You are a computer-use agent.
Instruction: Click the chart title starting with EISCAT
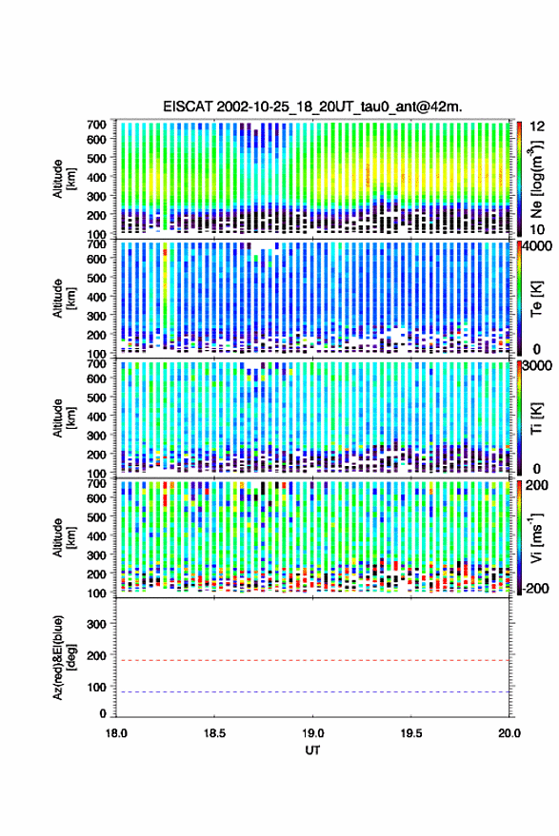pyautogui.click(x=313, y=107)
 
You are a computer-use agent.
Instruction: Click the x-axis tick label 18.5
pyautogui.click(x=214, y=733)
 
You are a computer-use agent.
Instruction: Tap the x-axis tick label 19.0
pyautogui.click(x=312, y=733)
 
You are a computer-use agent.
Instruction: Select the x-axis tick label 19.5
pyautogui.click(x=410, y=733)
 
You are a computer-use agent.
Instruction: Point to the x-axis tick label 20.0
pyautogui.click(x=509, y=733)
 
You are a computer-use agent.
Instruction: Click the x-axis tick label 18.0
pyautogui.click(x=116, y=733)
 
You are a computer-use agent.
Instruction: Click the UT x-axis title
pyautogui.click(x=312, y=750)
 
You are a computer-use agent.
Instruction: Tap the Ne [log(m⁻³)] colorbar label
pyautogui.click(x=536, y=179)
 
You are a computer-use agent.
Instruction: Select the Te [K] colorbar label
pyautogui.click(x=536, y=299)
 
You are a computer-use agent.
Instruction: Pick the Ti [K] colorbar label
pyautogui.click(x=536, y=418)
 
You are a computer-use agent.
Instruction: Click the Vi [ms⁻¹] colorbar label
pyautogui.click(x=536, y=537)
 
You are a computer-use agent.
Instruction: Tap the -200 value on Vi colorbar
pyautogui.click(x=535, y=589)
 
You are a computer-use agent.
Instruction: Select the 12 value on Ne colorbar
pyautogui.click(x=538, y=126)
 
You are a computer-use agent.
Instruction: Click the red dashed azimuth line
pyautogui.click(x=313, y=661)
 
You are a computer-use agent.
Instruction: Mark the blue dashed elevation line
pyautogui.click(x=313, y=692)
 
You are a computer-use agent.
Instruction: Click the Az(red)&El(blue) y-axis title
pyautogui.click(x=63, y=657)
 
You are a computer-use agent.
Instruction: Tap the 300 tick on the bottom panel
pyautogui.click(x=96, y=624)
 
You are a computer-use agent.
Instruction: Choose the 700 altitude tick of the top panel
pyautogui.click(x=96, y=125)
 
